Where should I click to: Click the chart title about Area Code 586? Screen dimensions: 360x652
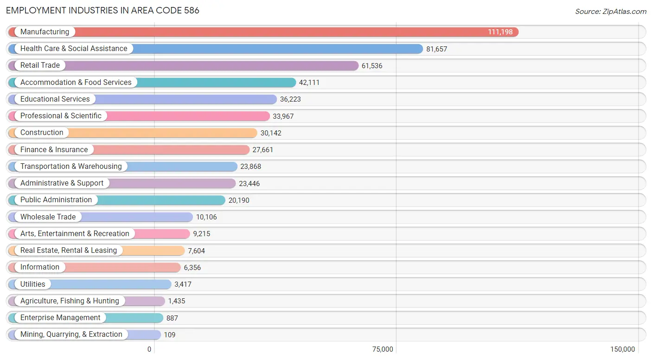(102, 10)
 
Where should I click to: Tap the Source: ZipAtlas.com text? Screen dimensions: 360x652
(611, 12)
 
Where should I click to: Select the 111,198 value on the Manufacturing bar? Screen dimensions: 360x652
(500, 32)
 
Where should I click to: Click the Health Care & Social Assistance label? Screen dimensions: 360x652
(74, 49)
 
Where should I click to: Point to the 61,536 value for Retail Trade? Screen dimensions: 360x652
(372, 66)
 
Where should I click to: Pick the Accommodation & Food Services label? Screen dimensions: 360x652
(76, 83)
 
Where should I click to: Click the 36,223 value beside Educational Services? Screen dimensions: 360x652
(290, 99)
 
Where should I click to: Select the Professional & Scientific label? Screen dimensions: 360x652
(61, 116)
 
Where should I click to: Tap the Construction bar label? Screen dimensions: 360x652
(42, 133)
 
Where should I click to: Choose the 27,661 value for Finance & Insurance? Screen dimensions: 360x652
(263, 150)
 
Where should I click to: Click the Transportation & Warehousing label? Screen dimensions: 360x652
(71, 167)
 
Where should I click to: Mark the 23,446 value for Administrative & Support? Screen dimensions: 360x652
(249, 183)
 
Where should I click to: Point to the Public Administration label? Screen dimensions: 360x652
(56, 200)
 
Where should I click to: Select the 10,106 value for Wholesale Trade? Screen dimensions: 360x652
(206, 217)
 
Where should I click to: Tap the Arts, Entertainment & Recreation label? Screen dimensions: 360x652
(75, 234)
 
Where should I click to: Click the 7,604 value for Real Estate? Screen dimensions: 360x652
(196, 251)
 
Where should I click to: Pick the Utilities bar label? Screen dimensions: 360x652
(33, 284)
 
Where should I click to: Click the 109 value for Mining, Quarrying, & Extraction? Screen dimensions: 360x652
(170, 335)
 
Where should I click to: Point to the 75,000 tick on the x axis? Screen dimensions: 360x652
(383, 349)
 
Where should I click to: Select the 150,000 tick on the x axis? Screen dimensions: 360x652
(623, 349)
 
